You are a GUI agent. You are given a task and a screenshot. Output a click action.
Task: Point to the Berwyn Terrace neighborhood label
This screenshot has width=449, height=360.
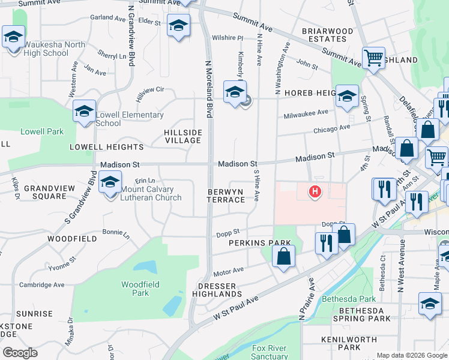coord(226,196)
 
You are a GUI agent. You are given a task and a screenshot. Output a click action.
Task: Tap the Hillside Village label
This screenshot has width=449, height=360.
coord(183,136)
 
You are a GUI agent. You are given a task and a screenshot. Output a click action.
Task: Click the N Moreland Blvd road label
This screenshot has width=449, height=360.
coord(209,88)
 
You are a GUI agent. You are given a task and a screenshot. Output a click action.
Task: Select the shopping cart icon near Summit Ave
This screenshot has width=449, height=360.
coord(374,58)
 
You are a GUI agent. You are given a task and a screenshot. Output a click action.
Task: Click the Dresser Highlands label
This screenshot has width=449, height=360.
coord(217,290)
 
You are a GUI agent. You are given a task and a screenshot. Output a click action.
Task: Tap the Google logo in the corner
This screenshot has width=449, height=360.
coord(20,353)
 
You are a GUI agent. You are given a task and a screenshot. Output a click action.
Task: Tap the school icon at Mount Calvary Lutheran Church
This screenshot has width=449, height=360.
coord(110,182)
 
